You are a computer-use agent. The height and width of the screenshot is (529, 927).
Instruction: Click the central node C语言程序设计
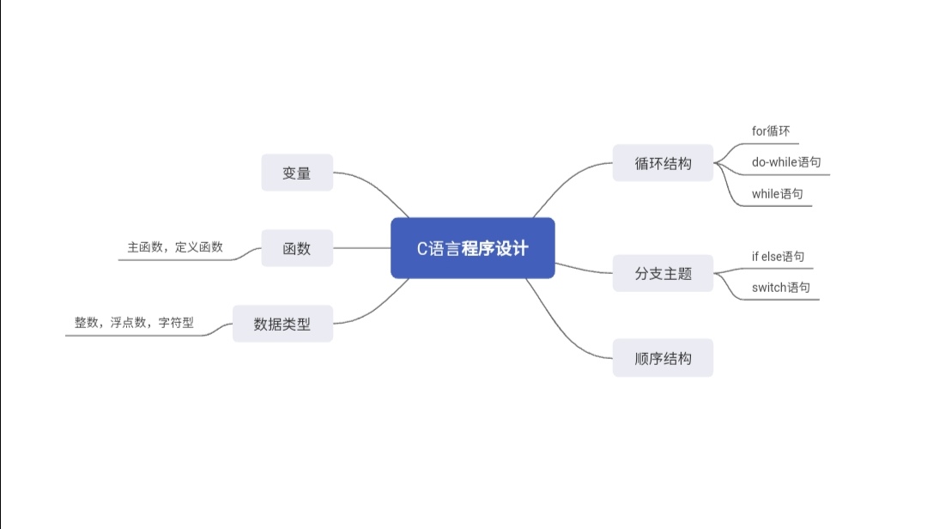click(473, 248)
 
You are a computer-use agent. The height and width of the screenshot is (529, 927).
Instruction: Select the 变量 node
click(297, 173)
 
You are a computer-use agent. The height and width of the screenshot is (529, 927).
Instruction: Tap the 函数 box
click(297, 249)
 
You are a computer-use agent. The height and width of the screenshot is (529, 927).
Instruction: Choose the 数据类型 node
click(282, 325)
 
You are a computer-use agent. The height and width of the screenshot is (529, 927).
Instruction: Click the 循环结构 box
click(663, 163)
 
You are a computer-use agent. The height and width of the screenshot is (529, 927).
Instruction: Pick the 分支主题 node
click(663, 274)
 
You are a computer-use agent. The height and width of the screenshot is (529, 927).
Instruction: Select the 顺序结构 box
click(663, 358)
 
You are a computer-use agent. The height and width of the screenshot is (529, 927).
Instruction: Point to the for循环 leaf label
click(771, 131)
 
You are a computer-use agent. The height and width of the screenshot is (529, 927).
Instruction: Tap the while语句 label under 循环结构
click(778, 193)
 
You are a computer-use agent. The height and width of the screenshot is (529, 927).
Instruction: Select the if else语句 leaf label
click(779, 256)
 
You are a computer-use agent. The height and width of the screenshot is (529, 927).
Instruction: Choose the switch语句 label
click(781, 287)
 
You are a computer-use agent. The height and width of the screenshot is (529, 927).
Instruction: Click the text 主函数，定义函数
click(175, 246)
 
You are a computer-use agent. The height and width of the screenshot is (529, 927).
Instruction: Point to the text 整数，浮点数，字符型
click(134, 323)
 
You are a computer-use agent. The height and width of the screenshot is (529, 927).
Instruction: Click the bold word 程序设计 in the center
click(495, 249)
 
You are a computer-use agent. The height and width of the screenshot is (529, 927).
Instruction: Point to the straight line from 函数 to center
click(361, 248)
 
